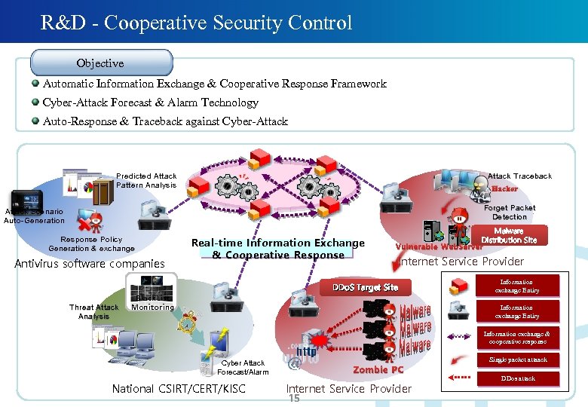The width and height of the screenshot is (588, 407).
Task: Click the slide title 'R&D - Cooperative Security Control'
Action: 197,23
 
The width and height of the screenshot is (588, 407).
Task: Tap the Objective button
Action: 100,63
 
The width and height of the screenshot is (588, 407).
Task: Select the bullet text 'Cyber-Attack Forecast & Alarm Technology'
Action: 151,103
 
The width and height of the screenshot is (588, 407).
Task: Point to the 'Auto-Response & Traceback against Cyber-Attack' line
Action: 165,121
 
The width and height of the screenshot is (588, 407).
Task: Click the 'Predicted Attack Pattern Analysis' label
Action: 146,180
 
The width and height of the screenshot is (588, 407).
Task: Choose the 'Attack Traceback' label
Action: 519,176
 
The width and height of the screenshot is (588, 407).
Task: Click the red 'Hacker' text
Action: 505,188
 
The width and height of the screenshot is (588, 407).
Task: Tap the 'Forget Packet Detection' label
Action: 510,212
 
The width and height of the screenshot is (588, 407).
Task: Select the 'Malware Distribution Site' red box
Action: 509,236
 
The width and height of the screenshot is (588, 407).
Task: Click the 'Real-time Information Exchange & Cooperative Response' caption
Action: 277,249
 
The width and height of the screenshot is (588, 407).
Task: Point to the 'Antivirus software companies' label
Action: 90,264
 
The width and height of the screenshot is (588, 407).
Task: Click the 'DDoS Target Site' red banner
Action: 365,287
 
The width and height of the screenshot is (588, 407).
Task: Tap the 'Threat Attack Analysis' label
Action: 93,311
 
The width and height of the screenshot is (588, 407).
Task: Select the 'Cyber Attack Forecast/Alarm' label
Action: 243,367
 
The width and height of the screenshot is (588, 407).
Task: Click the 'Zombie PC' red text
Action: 378,369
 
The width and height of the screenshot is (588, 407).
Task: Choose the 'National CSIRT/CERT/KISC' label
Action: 178,389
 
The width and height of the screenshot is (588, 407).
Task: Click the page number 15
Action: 294,398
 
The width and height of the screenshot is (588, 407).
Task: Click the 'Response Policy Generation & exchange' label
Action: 91,243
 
